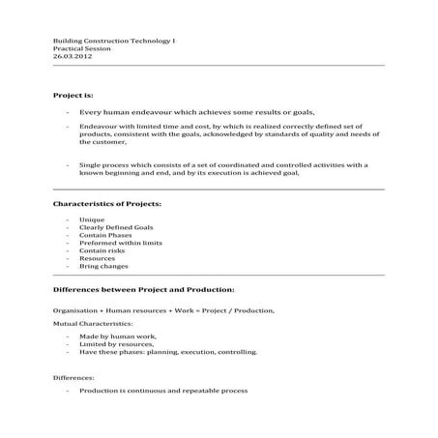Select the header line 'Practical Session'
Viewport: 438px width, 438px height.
point(81,49)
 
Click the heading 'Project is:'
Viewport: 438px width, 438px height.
point(73,96)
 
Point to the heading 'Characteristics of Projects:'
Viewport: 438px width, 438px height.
point(106,204)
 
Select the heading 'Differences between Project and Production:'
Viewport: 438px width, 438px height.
point(142,289)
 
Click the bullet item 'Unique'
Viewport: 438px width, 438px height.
point(91,220)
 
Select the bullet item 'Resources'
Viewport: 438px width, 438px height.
point(98,259)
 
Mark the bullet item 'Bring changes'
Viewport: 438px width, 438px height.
point(102,267)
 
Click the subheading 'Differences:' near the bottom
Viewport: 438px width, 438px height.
point(73,376)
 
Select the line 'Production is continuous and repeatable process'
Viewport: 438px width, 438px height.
point(163,391)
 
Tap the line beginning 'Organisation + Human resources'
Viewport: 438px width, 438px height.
point(163,309)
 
